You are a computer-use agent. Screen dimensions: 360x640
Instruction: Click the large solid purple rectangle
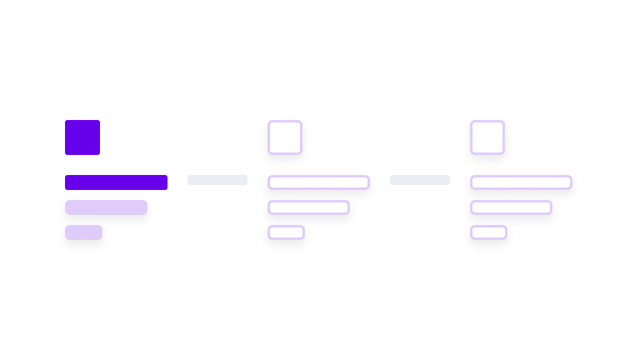(161, 137)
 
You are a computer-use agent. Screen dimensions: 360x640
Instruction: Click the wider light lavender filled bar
(106, 207)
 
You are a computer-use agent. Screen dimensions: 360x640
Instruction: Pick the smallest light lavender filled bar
(84, 233)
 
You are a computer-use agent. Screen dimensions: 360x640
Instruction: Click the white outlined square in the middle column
(285, 137)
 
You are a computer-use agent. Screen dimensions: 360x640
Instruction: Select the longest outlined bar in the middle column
(319, 182)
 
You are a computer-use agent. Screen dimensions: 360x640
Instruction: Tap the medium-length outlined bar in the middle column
(309, 207)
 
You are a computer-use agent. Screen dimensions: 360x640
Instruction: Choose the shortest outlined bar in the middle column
(286, 233)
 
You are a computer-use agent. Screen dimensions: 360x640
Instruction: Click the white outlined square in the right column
(487, 137)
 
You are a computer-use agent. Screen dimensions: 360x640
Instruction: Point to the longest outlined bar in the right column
(521, 182)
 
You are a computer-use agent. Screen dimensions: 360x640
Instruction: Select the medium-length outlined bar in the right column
(511, 207)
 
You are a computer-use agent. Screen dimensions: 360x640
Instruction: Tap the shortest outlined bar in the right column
(489, 233)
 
